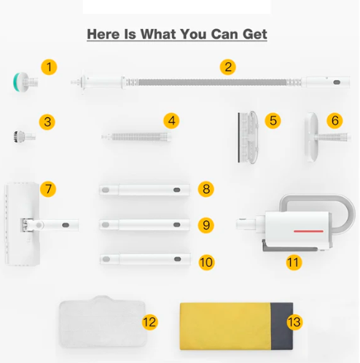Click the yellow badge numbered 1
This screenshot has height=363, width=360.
[x=49, y=67]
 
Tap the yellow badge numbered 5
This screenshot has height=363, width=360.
[x=273, y=121]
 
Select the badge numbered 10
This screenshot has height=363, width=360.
[x=206, y=262]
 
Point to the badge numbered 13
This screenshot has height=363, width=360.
[x=294, y=322]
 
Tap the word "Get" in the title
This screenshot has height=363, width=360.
[x=255, y=34]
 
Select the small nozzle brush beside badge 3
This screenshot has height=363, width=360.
[x=24, y=136]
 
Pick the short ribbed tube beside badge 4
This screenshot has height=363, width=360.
[x=136, y=137]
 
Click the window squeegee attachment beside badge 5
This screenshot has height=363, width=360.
[x=247, y=137]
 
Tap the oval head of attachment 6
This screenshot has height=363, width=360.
[x=311, y=137]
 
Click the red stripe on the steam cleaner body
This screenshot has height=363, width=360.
[x=308, y=231]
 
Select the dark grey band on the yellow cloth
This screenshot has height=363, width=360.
[x=282, y=326]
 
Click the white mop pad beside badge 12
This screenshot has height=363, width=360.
[x=103, y=321]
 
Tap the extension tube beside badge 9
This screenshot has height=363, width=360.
[x=145, y=225]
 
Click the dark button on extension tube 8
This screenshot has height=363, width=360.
[x=177, y=190]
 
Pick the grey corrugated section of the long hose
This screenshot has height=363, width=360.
[x=213, y=82]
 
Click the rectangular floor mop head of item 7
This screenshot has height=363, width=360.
[x=23, y=224]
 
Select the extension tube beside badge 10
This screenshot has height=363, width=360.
[x=145, y=259]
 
